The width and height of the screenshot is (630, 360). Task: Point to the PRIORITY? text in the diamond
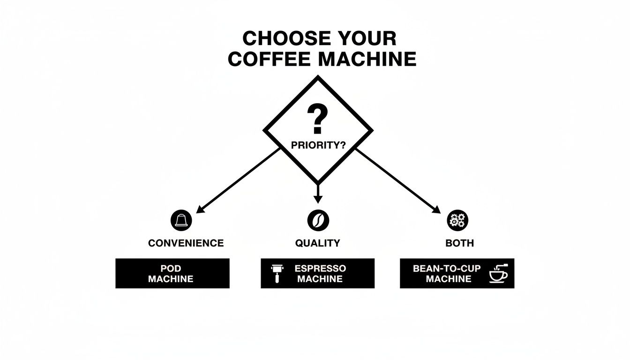coord(318,145)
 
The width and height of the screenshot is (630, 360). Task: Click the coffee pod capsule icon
coord(181,220)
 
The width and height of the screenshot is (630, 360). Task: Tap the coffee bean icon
coord(318,220)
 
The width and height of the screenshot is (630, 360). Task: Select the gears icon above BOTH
coord(458,220)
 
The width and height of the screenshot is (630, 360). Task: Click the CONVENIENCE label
coord(186,243)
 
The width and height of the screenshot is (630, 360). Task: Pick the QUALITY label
coord(317,243)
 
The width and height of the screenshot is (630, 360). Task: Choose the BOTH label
coord(460,243)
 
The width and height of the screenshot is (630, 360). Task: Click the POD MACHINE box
coord(172,273)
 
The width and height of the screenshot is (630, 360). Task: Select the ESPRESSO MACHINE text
coord(320,273)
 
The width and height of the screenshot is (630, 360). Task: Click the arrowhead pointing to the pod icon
coord(200,209)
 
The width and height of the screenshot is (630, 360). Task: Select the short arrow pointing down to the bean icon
coord(318,193)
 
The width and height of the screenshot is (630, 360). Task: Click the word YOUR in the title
coord(362,38)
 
